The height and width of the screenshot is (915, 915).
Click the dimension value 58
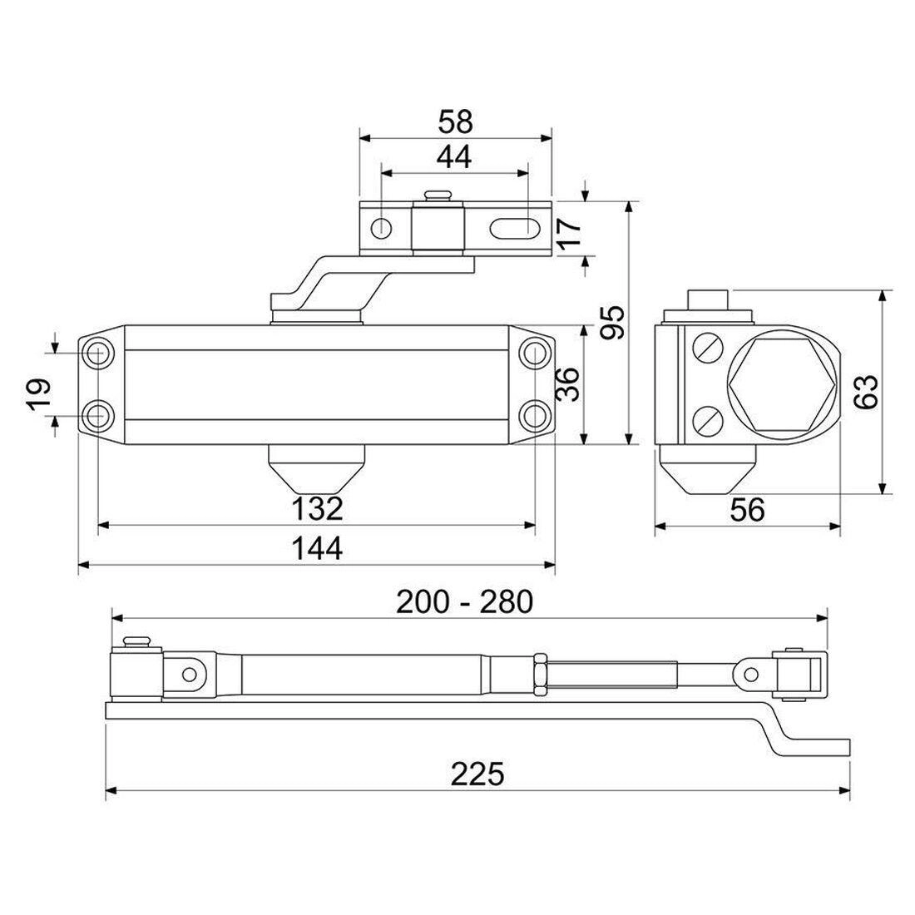[455, 121]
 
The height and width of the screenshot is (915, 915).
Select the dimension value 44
[454, 156]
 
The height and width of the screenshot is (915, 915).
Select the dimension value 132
[316, 507]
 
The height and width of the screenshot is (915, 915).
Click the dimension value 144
[316, 549]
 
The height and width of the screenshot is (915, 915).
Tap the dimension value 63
[865, 392]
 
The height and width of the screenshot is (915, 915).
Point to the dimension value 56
[746, 510]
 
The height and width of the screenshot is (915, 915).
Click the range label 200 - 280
[463, 601]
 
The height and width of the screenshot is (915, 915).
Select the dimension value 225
[478, 774]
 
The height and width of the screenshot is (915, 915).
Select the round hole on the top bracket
[383, 227]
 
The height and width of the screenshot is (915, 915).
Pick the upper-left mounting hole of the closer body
[99, 352]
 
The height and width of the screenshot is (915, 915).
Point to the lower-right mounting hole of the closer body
[533, 413]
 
